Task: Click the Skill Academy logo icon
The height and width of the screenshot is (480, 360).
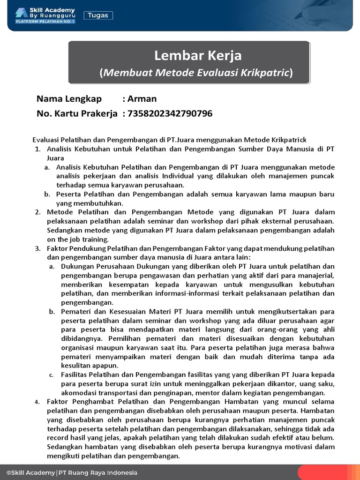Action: (21, 13)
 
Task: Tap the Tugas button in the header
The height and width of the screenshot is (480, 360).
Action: (98, 15)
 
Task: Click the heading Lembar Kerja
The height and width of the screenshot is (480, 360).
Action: (198, 56)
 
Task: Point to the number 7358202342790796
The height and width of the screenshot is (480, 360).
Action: (170, 113)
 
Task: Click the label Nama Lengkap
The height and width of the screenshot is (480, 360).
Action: (69, 99)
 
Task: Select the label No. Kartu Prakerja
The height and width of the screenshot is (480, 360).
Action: (77, 113)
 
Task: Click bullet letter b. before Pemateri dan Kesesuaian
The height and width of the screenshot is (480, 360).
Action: (52, 312)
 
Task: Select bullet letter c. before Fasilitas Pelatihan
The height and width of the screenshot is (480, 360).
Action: (52, 375)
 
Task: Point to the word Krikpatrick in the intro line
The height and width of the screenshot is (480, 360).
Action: (289, 140)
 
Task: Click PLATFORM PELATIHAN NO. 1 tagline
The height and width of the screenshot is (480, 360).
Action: (45, 22)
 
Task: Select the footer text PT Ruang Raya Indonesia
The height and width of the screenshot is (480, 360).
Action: (98, 472)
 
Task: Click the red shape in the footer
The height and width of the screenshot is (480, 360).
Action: (328, 472)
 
